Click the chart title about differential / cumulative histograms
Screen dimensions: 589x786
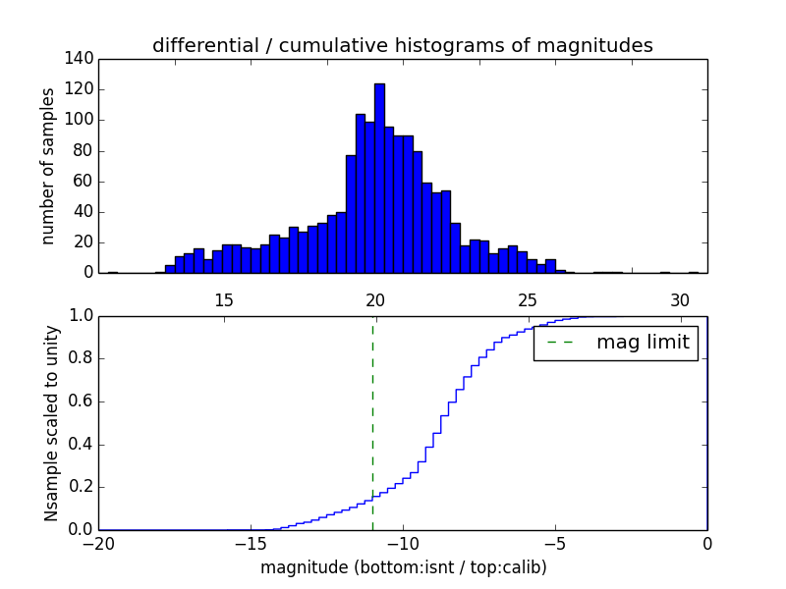[402, 45]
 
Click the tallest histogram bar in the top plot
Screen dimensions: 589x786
[379, 177]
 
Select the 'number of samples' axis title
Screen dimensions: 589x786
[48, 166]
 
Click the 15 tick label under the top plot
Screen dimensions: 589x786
[223, 299]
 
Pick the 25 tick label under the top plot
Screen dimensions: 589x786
[528, 299]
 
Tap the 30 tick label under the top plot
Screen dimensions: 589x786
[680, 299]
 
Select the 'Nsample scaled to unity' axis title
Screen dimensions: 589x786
[51, 423]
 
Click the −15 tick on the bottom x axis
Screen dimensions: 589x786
[250, 543]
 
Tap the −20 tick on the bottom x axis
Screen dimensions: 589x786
[98, 543]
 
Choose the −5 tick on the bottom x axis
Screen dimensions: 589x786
[554, 543]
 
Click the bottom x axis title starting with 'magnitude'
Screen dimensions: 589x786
[403, 567]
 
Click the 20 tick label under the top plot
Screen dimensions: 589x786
[375, 299]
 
